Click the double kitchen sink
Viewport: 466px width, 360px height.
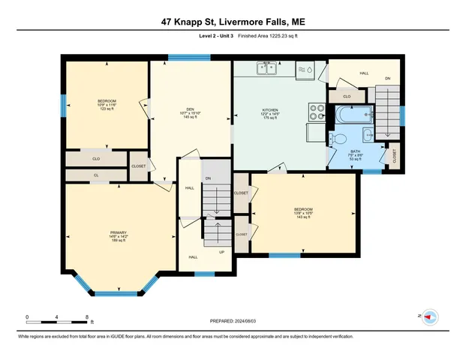(266, 70)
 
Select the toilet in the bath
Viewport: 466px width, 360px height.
(338, 138)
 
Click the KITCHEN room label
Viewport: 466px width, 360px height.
(270, 110)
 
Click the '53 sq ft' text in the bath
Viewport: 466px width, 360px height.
(355, 160)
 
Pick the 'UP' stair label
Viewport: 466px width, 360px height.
(221, 252)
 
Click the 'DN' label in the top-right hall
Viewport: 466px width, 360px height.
(387, 79)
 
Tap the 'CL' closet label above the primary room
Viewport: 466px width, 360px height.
(96, 175)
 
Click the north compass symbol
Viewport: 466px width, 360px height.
(430, 317)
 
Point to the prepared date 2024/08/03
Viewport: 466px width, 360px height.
(233, 322)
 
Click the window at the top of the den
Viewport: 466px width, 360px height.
(179, 56)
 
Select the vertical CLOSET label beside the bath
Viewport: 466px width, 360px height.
(395, 156)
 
